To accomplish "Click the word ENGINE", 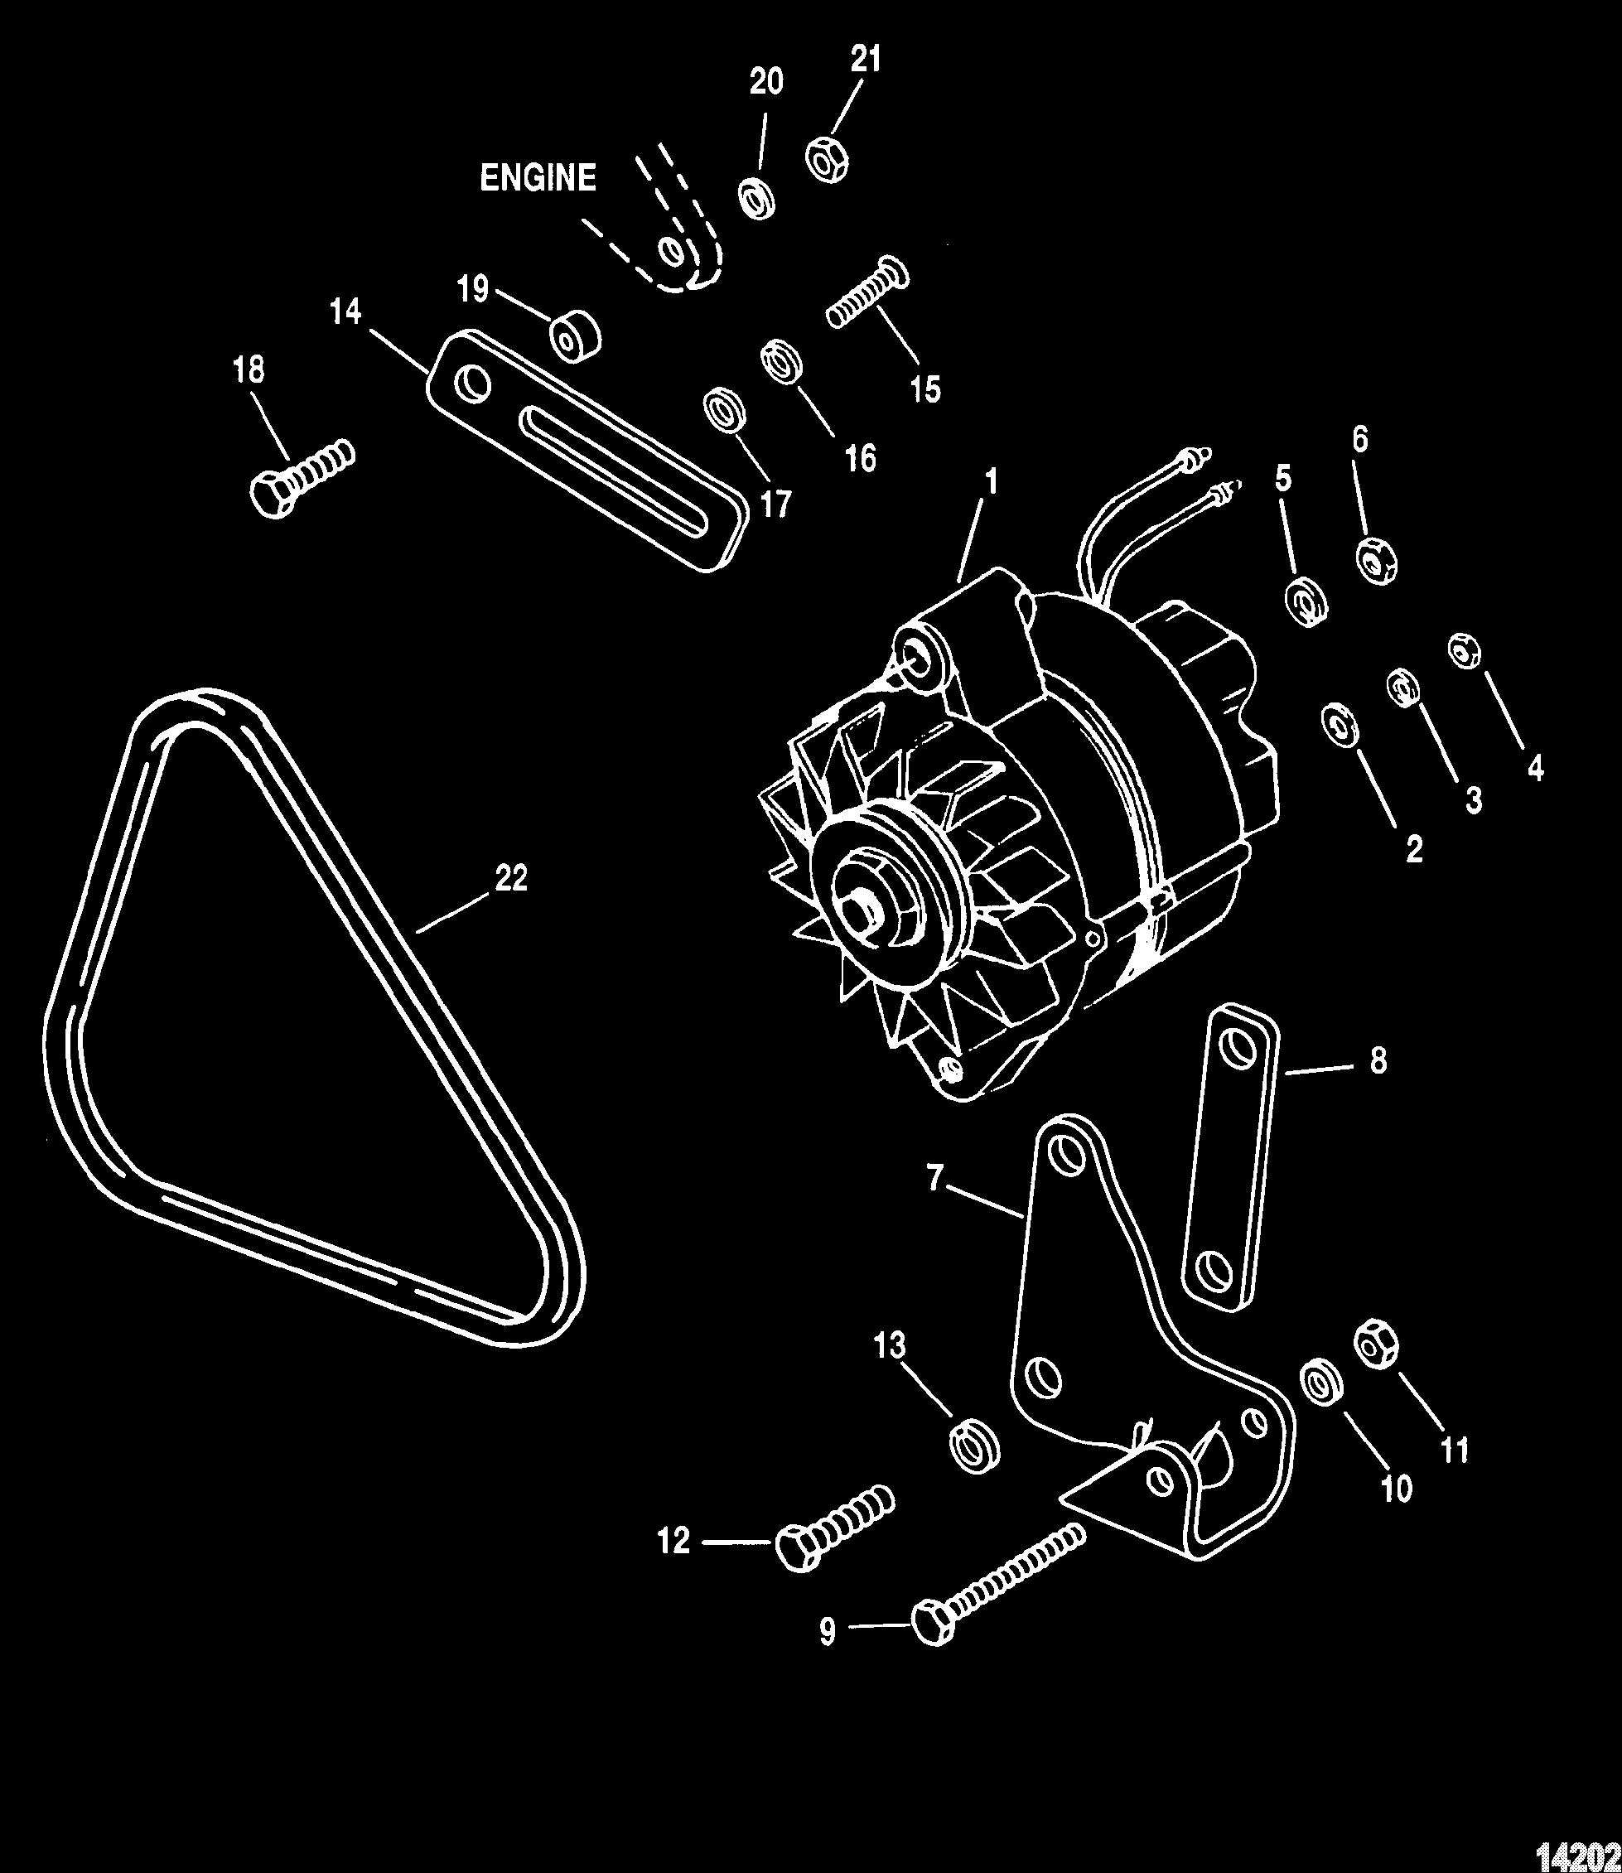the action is [538, 177].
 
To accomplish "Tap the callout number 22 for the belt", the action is [511, 878].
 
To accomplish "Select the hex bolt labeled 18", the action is [302, 478].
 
